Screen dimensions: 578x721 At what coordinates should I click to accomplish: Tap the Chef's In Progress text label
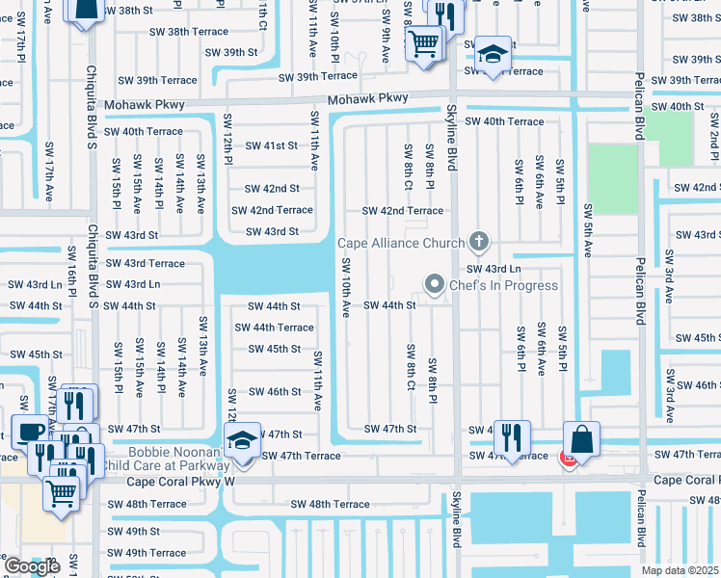(503, 285)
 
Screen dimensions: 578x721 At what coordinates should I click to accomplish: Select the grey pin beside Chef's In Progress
(435, 284)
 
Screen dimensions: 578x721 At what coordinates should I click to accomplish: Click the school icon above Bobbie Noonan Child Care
(242, 441)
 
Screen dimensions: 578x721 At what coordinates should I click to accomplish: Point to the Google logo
(31, 566)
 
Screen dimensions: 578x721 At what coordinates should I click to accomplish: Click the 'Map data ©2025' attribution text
(678, 570)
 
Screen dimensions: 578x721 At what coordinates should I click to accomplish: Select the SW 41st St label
(271, 145)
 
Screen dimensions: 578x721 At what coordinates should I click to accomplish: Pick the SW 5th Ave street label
(587, 232)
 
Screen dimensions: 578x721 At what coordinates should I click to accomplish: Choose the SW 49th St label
(133, 531)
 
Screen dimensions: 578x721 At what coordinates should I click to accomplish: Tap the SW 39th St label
(231, 52)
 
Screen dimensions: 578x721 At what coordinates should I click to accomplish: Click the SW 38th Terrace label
(188, 32)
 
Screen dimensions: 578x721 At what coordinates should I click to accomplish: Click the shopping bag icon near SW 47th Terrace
(581, 439)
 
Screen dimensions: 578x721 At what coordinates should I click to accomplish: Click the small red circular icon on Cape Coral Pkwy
(569, 460)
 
